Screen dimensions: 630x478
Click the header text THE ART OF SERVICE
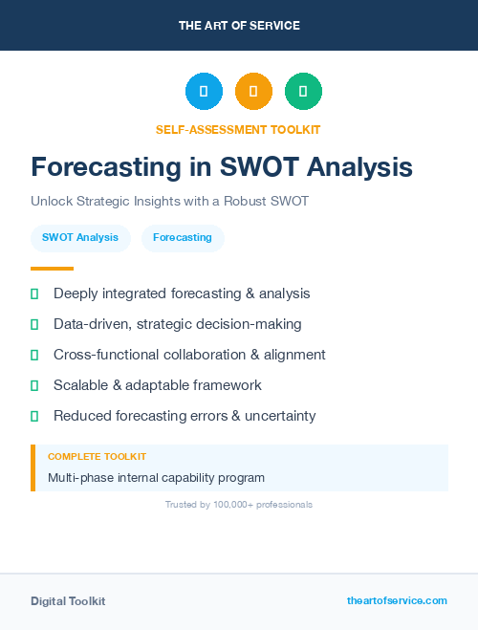[x=239, y=26]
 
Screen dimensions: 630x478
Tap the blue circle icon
[x=204, y=92]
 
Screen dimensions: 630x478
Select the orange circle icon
[x=253, y=92]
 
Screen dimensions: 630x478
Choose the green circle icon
[x=303, y=92]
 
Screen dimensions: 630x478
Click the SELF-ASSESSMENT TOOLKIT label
[x=238, y=129]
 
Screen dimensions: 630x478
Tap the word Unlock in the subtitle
[x=52, y=203]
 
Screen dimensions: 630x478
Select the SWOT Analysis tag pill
[x=80, y=238]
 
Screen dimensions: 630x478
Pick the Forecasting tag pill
[x=183, y=238]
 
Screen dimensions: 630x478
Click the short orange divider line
[x=52, y=269]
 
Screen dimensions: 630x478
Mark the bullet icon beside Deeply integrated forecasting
[x=34, y=293]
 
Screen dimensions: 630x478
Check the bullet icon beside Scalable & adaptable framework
[x=34, y=385]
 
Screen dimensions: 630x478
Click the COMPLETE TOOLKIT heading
[x=97, y=457]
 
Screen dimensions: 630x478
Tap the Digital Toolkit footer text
[x=68, y=601]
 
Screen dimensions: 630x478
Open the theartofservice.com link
[x=397, y=600]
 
